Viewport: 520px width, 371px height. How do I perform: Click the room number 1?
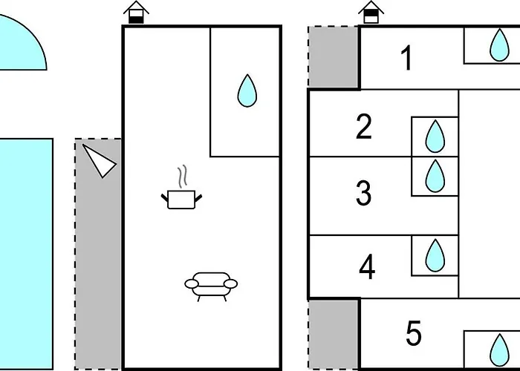pyautogui.click(x=406, y=58)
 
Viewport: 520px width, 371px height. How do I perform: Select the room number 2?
pyautogui.click(x=363, y=127)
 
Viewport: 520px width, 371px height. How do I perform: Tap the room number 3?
pyautogui.click(x=363, y=193)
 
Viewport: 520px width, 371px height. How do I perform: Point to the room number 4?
pyautogui.click(x=367, y=267)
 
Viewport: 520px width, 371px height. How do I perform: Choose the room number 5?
pyautogui.click(x=414, y=334)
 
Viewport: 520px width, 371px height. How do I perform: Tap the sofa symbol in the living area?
pyautogui.click(x=211, y=283)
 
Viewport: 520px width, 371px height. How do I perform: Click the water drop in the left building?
pyautogui.click(x=247, y=91)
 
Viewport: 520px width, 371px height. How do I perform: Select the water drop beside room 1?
pyautogui.click(x=498, y=45)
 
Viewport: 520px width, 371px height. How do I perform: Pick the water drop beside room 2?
pyautogui.click(x=435, y=137)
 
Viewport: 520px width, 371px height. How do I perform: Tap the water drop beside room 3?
pyautogui.click(x=435, y=176)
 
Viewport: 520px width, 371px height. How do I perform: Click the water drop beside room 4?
pyautogui.click(x=435, y=255)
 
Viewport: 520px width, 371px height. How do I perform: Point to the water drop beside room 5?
pyautogui.click(x=498, y=349)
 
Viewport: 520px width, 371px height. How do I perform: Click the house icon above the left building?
pyautogui.click(x=134, y=13)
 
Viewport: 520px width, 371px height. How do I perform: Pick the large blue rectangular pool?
pyautogui.click(x=25, y=252)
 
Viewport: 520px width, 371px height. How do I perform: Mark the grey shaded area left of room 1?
pyautogui.click(x=334, y=58)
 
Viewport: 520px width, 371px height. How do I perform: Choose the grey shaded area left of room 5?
pyautogui.click(x=334, y=334)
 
